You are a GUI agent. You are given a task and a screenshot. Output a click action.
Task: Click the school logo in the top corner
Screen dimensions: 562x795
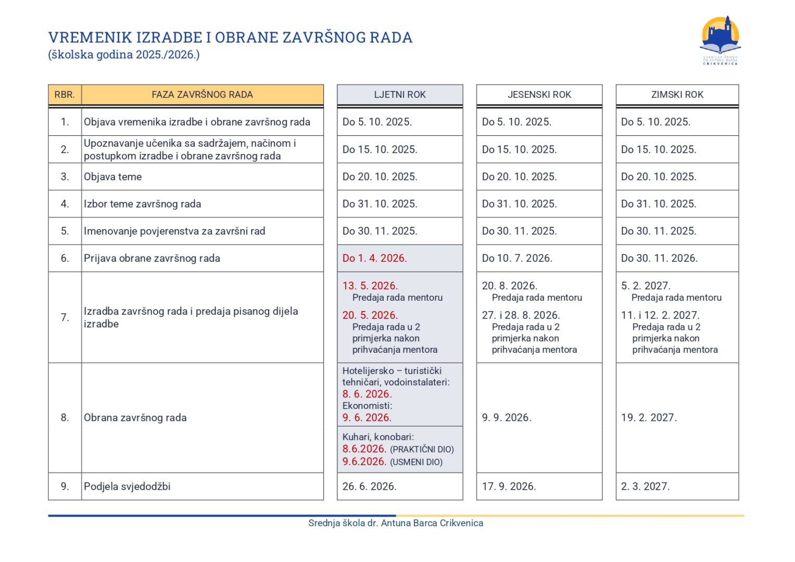721,40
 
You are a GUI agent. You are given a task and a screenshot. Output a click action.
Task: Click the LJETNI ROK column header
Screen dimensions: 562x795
400,95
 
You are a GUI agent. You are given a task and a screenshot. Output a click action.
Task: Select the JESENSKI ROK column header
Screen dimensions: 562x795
539,95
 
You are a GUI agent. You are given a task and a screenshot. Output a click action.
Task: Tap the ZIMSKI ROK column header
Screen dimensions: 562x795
677,95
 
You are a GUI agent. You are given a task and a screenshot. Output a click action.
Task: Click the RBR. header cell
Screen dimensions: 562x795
65,95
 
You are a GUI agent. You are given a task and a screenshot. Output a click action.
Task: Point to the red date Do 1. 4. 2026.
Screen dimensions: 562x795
375,258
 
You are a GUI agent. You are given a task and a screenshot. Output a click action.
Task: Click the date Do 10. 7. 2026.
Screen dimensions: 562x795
517,258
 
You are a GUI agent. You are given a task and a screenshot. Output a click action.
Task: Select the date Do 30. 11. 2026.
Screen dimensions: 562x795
659,258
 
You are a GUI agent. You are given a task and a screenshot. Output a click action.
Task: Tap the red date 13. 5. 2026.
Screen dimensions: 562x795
370,286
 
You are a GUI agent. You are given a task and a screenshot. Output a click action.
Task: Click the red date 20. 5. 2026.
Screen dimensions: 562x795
370,315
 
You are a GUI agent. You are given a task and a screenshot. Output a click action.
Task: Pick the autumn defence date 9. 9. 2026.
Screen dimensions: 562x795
507,417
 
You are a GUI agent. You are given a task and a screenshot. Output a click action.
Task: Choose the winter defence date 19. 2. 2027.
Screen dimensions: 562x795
649,417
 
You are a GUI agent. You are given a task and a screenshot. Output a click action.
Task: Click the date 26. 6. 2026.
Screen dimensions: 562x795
370,487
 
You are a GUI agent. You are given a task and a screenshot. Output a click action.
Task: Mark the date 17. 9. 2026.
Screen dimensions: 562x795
509,487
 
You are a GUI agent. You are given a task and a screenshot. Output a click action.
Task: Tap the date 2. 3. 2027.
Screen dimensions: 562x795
646,487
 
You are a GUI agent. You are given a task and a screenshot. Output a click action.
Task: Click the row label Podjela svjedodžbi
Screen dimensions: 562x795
127,487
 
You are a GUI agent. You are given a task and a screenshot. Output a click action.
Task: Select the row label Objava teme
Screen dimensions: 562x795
113,177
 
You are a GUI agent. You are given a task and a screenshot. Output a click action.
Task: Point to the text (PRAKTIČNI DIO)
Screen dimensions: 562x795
422,450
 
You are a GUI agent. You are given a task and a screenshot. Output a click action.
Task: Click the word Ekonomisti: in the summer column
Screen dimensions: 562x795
368,406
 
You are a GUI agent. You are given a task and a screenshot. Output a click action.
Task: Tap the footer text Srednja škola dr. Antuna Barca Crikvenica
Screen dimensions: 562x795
396,523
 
